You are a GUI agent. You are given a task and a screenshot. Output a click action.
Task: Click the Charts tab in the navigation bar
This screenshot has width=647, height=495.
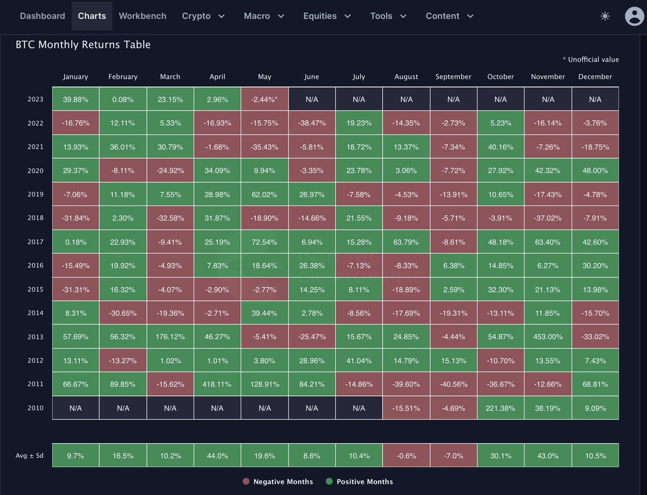[92, 16]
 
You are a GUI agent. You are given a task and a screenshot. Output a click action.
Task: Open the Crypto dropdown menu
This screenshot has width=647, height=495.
[203, 16]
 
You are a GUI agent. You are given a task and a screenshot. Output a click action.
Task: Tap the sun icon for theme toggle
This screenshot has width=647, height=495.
[605, 16]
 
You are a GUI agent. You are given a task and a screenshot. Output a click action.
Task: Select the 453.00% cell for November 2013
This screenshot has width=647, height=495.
[548, 337]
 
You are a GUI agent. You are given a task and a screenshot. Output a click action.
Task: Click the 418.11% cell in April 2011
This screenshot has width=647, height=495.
[217, 384]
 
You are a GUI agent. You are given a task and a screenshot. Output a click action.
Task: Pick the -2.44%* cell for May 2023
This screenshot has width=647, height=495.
[265, 99]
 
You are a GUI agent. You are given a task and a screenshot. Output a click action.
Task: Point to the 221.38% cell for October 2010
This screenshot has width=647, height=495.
[500, 408]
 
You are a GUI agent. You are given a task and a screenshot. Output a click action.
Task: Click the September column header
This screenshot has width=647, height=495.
[453, 76]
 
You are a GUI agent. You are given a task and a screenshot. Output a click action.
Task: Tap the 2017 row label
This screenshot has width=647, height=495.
[36, 242]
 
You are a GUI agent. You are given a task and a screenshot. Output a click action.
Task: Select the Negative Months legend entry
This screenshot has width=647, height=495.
[278, 482]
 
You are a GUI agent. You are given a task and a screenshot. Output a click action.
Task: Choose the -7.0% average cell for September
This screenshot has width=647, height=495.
[453, 456]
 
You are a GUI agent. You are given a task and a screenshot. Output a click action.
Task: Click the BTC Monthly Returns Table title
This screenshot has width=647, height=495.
[83, 45]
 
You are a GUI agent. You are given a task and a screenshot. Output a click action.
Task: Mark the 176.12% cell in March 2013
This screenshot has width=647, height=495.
[170, 337]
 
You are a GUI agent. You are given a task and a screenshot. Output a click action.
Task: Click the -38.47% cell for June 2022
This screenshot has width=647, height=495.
[312, 123]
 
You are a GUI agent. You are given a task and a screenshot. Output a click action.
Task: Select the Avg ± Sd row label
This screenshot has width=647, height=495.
[30, 456]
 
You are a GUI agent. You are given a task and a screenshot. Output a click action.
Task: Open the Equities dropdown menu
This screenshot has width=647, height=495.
[327, 16]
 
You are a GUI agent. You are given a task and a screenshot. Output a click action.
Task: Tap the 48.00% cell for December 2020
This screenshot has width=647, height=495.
[595, 170]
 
